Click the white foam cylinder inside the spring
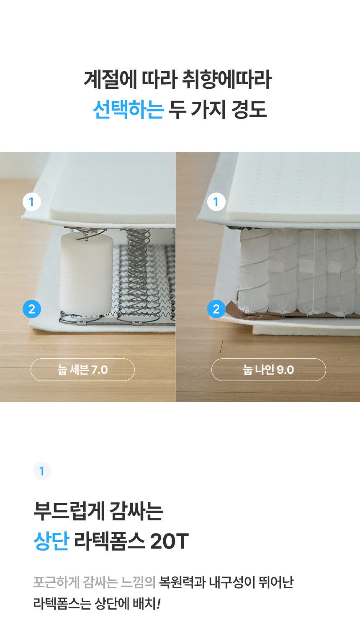pos(86,274)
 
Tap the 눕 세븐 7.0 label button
pos(82,370)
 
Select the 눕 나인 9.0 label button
pos(269,370)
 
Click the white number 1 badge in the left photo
pos(32,202)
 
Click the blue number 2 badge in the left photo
pos(32,309)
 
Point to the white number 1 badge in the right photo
pos(216,202)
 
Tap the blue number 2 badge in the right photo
pos(216,309)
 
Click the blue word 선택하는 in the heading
pos(129,109)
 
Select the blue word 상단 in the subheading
pos(51,541)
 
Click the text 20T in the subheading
pos(170,541)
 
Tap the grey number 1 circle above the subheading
pos(42,471)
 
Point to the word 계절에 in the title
pos(111,80)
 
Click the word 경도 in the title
pos(249,109)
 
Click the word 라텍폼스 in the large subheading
pos(110,541)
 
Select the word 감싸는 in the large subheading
pos(136,511)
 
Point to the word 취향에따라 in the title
pos(226,80)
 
